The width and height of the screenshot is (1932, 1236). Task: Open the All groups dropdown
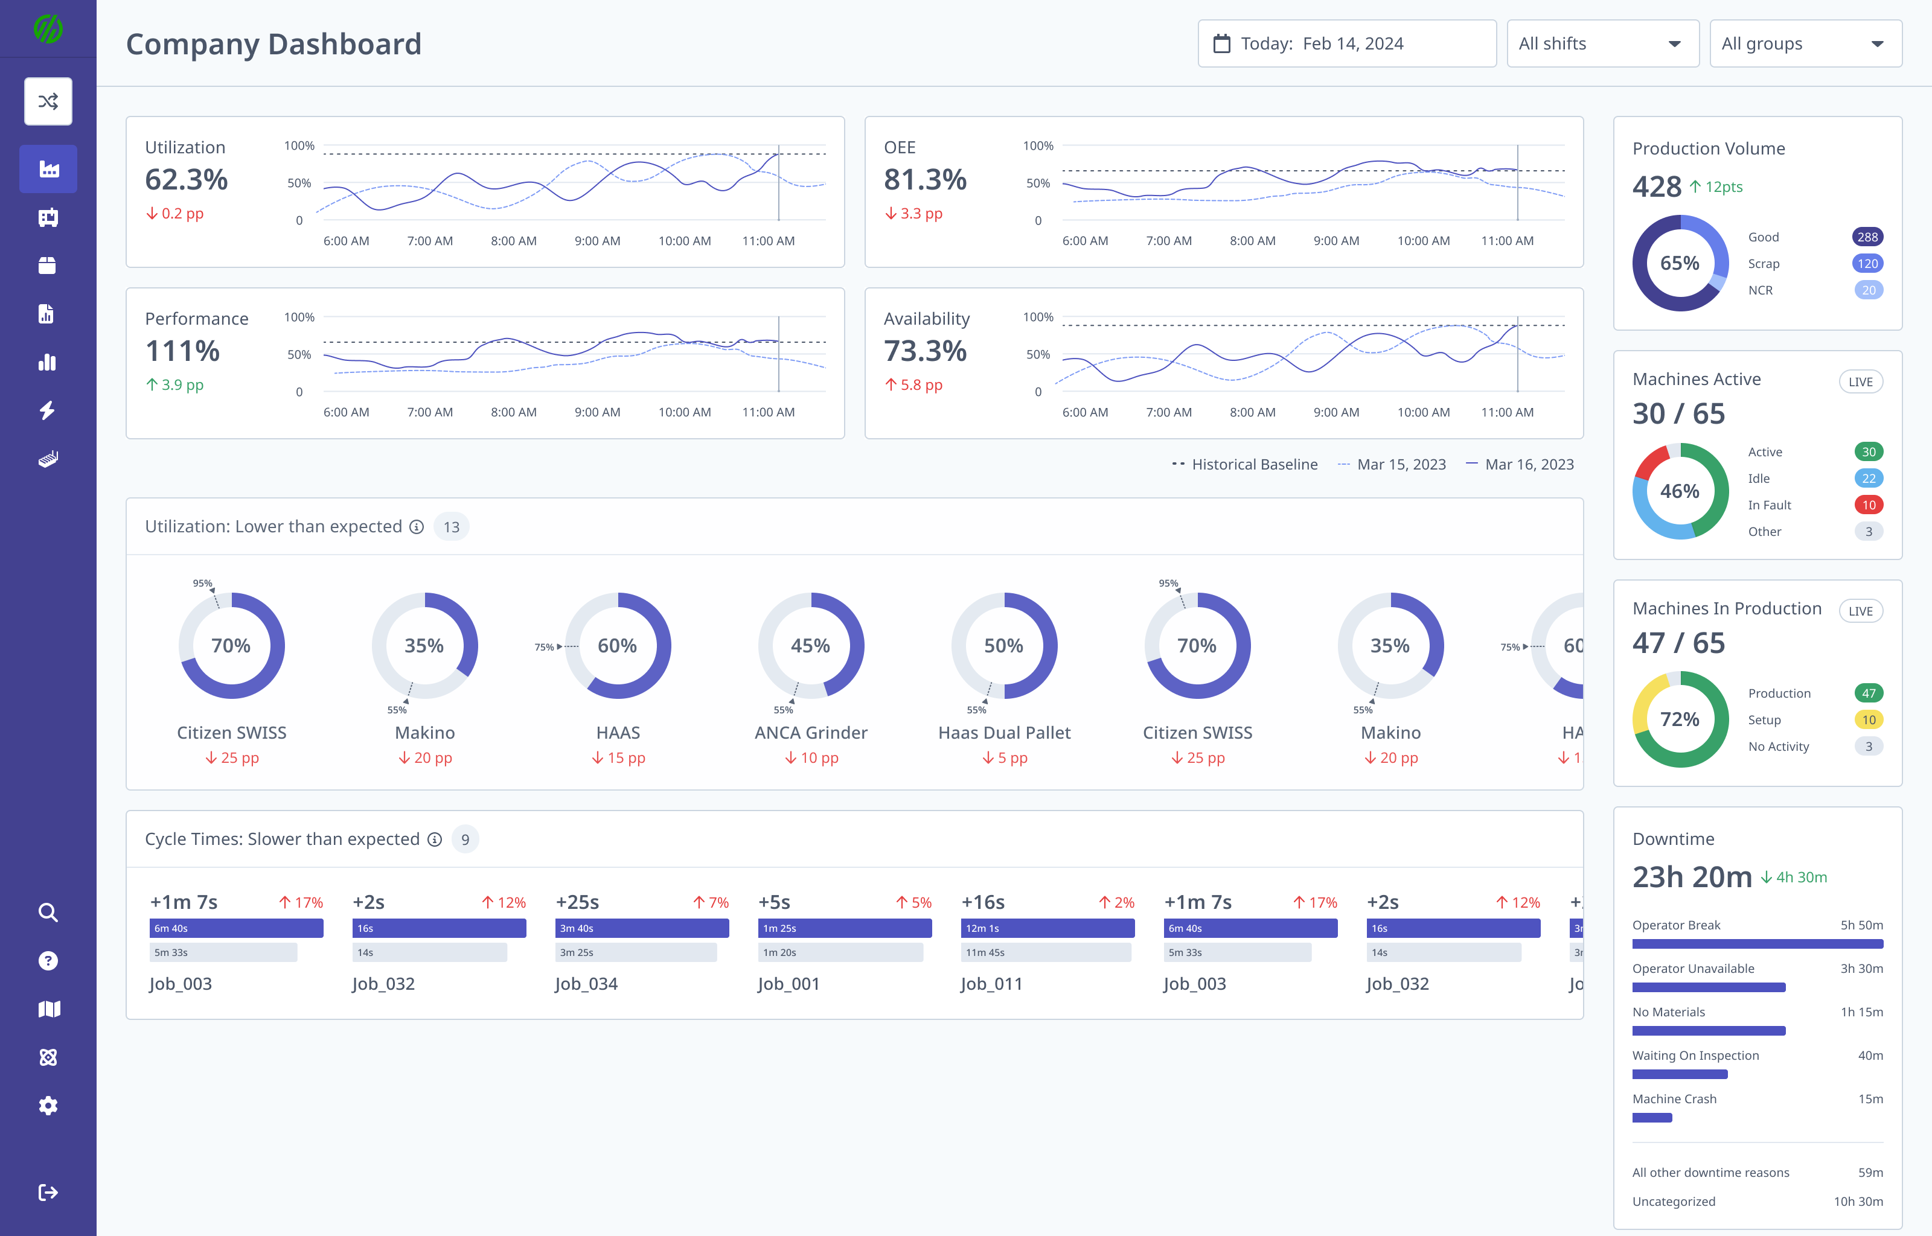[x=1805, y=43]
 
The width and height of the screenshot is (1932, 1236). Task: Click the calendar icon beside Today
[x=1221, y=43]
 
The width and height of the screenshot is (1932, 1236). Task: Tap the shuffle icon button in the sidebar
[x=48, y=101]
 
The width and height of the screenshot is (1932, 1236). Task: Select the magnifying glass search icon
[x=48, y=913]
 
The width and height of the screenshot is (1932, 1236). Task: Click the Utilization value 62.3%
[x=186, y=180]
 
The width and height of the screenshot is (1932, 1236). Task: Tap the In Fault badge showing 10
[x=1868, y=505]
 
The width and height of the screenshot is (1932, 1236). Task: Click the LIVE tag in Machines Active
[x=1860, y=382]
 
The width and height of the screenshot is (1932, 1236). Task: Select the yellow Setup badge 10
[x=1868, y=720]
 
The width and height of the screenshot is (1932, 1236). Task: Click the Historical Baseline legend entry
[x=1245, y=464]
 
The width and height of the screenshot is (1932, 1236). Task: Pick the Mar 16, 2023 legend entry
[x=1520, y=464]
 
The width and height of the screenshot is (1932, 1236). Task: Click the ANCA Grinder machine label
[x=811, y=733]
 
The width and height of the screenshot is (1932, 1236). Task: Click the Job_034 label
[x=586, y=984]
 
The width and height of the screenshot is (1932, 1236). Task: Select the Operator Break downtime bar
[x=1757, y=944]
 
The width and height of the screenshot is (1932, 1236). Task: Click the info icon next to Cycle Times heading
[x=434, y=839]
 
